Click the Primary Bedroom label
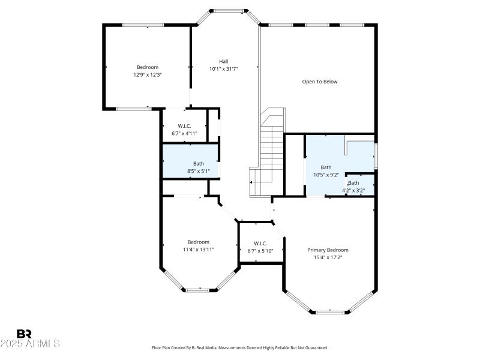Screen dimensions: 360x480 click(x=328, y=250)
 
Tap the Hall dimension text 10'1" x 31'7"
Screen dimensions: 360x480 click(x=223, y=69)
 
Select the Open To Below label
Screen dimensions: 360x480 click(x=319, y=82)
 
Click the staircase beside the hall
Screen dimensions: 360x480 click(x=271, y=150)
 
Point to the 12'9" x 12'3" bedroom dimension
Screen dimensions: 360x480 click(x=148, y=75)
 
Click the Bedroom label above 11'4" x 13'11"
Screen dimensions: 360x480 click(x=198, y=242)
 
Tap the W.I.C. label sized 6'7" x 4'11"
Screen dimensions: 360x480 click(x=184, y=125)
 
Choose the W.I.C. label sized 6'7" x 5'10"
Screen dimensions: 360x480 click(x=260, y=243)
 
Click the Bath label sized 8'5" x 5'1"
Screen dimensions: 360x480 click(x=199, y=163)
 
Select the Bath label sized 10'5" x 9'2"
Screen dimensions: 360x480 click(x=326, y=167)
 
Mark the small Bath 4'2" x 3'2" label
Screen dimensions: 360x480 click(x=353, y=183)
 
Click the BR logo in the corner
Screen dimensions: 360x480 click(x=25, y=334)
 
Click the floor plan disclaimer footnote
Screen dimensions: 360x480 click(x=240, y=347)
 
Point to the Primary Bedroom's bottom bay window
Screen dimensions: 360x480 click(x=332, y=312)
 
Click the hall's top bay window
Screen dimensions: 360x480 click(x=228, y=10)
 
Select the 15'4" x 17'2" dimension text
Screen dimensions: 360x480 click(x=328, y=257)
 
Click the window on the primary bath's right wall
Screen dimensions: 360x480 click(x=376, y=156)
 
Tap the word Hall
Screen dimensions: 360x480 click(x=223, y=61)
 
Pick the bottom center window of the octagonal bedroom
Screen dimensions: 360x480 click(x=198, y=290)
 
